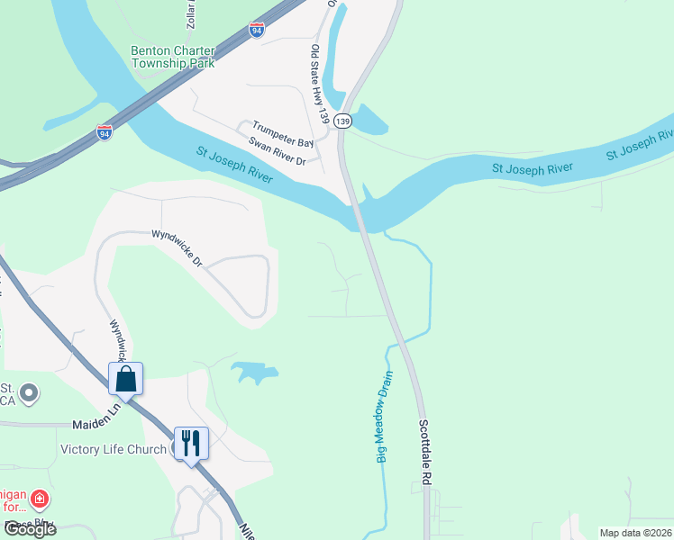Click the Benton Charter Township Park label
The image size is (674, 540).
173,57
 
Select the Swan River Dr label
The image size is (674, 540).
278,151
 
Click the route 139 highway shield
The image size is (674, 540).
342,121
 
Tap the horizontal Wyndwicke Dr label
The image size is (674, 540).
177,247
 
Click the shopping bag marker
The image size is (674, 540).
126,379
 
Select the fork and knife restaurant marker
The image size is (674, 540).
190,443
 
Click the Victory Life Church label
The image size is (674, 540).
113,449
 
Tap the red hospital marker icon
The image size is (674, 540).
38,498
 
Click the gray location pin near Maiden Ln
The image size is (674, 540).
29,392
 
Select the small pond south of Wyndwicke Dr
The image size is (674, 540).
253,371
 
